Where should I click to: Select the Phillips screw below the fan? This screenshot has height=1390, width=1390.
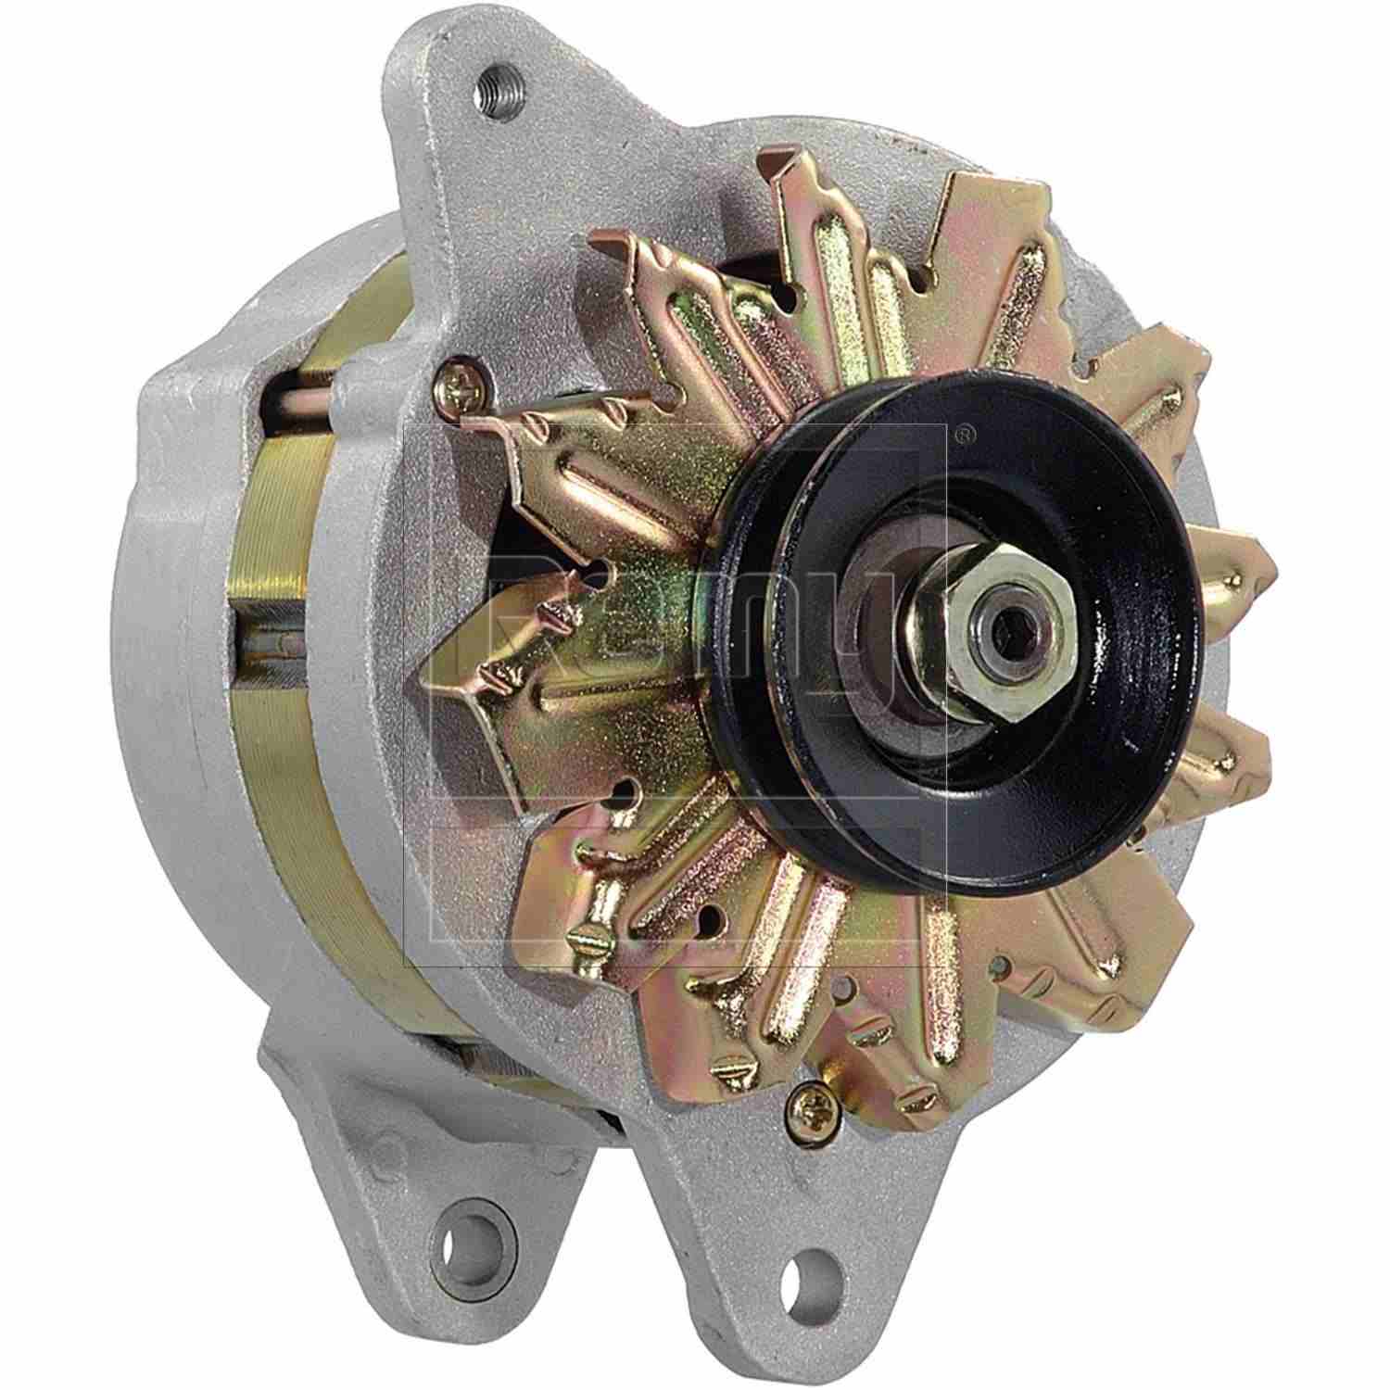(x=810, y=1103)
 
